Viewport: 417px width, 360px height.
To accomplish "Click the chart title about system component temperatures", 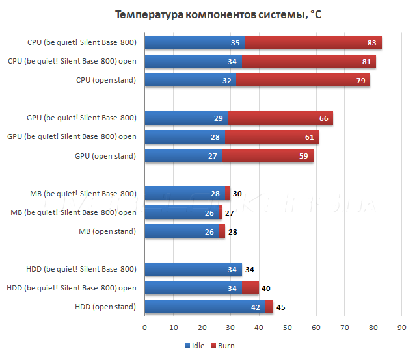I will (208, 14).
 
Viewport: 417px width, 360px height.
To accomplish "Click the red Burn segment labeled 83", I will (313, 42).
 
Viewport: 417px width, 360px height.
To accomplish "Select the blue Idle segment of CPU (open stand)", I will (190, 80).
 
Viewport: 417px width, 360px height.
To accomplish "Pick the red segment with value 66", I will (280, 118).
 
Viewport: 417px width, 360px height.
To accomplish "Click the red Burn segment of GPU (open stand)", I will (267, 155).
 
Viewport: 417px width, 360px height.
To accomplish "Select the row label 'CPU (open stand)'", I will (106, 80).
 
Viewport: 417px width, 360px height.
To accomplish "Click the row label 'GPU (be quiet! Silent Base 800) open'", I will (72, 137).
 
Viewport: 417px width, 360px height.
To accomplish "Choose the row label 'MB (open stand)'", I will (107, 231).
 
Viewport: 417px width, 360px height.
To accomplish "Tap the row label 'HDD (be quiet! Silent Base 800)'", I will (81, 269).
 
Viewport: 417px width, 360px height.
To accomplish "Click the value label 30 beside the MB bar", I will (237, 194).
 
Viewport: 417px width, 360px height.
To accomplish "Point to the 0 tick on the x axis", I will (144, 327).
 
